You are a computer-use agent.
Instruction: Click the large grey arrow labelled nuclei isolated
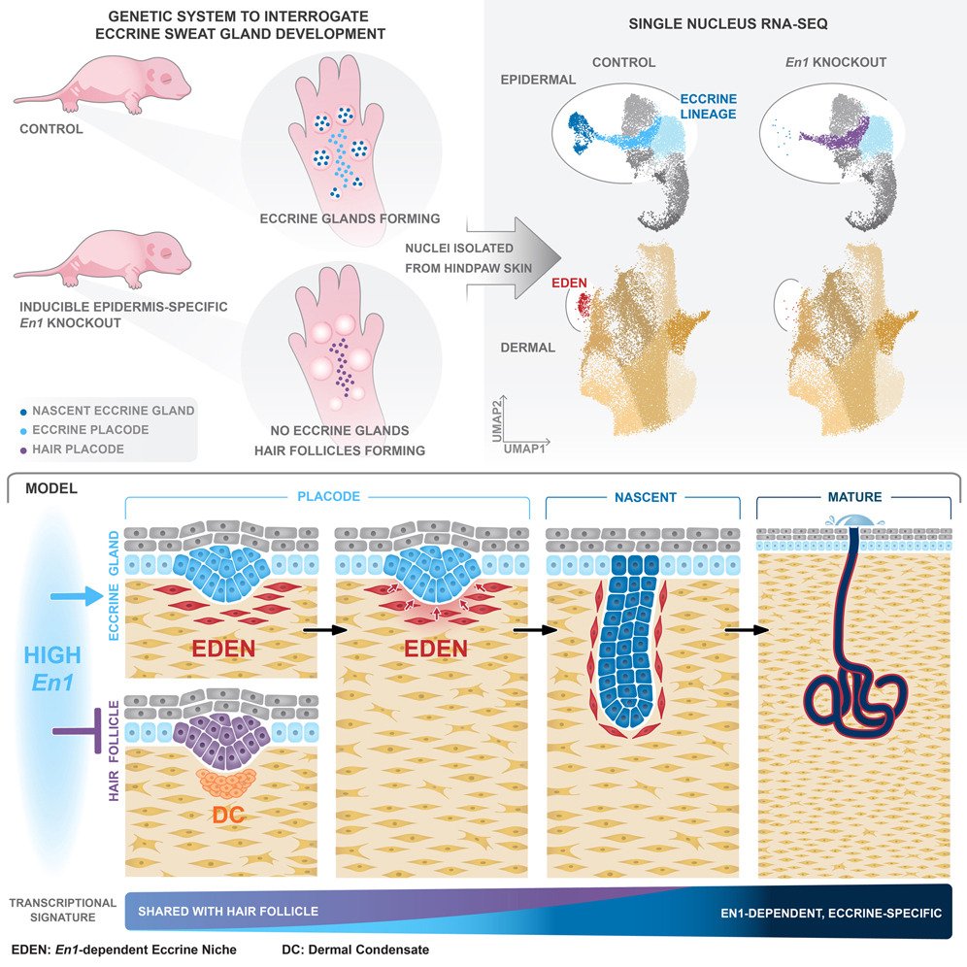tap(485, 258)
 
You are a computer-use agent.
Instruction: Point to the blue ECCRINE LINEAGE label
tap(708, 107)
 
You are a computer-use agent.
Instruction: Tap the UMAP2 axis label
tap(496, 426)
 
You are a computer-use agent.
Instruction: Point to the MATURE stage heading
tap(854, 497)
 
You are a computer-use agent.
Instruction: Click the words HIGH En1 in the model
tap(54, 670)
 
